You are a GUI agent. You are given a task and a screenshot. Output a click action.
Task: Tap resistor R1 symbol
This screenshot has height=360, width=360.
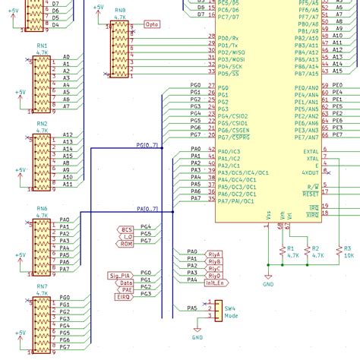click(x=283, y=250)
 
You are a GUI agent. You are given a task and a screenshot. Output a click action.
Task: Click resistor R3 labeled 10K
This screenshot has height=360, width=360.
click(x=339, y=250)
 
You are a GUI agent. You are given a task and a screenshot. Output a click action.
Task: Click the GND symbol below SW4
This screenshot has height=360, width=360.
click(x=197, y=334)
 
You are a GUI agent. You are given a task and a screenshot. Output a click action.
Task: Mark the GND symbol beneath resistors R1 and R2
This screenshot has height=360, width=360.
click(x=267, y=281)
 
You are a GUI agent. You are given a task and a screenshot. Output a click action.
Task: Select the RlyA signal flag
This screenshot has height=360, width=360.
click(x=214, y=253)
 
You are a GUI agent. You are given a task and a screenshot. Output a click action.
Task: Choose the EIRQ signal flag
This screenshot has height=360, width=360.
click(x=123, y=296)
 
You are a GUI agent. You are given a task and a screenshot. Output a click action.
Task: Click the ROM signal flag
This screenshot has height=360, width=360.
click(x=127, y=244)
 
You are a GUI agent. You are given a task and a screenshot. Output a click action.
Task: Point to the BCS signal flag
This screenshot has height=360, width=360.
click(x=127, y=229)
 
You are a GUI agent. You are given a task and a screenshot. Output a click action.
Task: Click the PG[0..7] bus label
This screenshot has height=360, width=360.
click(x=147, y=144)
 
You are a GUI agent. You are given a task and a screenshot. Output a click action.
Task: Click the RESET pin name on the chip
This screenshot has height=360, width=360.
click(x=311, y=194)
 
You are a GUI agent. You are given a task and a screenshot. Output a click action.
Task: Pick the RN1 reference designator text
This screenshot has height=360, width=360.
click(x=42, y=46)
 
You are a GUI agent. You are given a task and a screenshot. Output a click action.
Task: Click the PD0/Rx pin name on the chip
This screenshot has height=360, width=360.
click(x=229, y=37)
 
